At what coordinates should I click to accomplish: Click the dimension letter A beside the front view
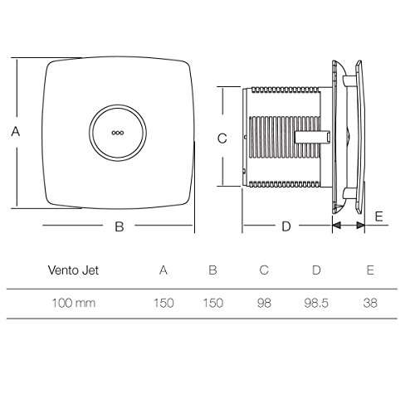click(15, 131)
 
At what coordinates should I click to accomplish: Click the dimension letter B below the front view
click(119, 226)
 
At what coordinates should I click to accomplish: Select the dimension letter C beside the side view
click(222, 139)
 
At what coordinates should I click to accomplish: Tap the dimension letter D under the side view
click(286, 226)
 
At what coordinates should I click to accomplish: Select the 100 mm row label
click(72, 303)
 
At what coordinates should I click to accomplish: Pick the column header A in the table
click(163, 270)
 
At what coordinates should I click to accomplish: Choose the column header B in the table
click(212, 270)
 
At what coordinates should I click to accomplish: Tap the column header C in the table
click(264, 270)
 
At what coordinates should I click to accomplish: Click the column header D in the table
click(315, 270)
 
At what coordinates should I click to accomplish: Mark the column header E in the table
click(369, 270)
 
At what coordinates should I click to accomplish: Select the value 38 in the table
click(369, 303)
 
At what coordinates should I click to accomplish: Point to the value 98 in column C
click(264, 303)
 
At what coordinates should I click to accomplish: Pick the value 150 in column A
click(163, 303)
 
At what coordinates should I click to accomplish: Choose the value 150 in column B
click(212, 303)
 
